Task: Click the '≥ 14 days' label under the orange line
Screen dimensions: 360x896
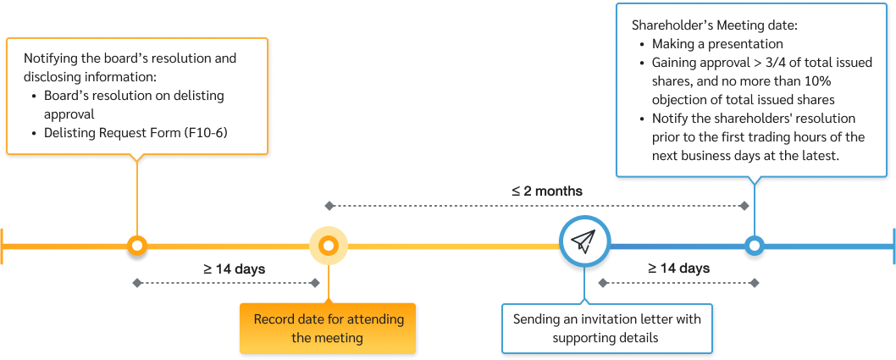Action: tap(234, 269)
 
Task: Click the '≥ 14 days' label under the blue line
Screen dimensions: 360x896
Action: tap(678, 269)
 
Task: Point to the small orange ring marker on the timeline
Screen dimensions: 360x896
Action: tap(136, 246)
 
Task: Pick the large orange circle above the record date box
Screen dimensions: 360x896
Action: tap(329, 246)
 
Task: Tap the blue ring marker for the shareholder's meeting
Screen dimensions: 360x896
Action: tap(754, 246)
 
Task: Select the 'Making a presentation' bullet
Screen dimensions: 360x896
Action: tap(717, 44)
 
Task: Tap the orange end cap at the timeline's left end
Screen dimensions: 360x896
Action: tap(3, 246)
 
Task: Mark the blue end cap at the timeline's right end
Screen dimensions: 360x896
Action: tap(893, 246)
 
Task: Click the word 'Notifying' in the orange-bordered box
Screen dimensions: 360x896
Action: tap(51, 59)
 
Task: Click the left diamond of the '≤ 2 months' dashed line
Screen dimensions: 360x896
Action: tap(329, 206)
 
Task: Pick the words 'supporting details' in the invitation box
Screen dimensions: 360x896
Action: tap(606, 338)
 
